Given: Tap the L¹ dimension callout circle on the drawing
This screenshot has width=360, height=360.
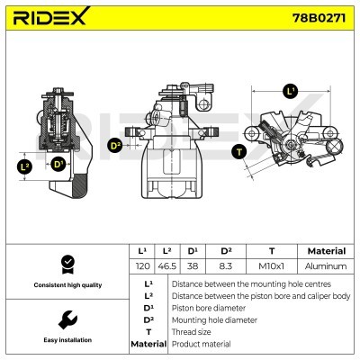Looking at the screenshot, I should (290, 91).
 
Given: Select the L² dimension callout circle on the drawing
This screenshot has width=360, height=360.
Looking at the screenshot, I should (24, 166).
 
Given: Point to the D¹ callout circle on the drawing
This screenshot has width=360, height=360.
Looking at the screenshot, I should (58, 164).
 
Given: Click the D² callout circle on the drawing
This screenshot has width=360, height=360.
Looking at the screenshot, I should (115, 144).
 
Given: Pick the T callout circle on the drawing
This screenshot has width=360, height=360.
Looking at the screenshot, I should (238, 151).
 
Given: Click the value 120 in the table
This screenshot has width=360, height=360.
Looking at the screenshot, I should (141, 267).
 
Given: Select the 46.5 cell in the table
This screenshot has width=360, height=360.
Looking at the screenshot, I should (167, 267).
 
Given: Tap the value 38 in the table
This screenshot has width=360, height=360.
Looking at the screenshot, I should (193, 267).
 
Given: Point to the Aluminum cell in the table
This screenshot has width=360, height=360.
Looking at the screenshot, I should (326, 267).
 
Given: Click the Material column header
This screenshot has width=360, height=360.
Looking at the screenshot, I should (326, 251).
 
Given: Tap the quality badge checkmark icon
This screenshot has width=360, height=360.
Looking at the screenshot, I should (66, 263).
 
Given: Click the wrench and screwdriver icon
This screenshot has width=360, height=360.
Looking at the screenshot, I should (66, 319).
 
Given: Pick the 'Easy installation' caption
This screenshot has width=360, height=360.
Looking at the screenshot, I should (66, 341).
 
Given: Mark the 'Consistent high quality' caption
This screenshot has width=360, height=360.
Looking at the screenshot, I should (66, 285).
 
